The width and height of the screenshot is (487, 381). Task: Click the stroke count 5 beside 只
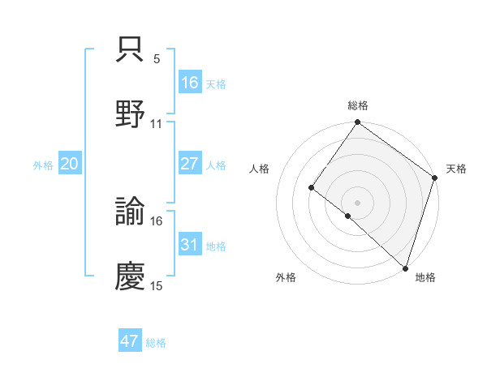(157, 59)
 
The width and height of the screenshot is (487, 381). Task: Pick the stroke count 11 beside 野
(157, 123)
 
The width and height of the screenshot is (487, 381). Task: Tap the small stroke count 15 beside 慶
(157, 285)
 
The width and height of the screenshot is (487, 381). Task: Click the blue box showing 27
(189, 164)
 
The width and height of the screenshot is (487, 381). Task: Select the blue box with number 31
(189, 245)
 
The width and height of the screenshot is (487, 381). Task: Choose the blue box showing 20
(69, 164)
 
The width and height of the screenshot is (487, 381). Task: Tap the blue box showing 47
(129, 341)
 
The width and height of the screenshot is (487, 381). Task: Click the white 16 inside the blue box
(189, 83)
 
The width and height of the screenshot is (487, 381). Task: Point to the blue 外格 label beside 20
(43, 165)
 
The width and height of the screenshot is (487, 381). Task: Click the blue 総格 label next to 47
(156, 343)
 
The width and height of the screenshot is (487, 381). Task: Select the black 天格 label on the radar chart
(457, 169)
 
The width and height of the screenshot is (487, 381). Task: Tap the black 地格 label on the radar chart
(425, 277)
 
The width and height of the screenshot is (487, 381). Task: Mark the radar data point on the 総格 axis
(357, 123)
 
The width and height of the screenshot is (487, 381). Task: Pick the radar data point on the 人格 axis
(312, 188)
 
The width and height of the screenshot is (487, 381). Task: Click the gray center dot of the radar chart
(357, 202)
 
